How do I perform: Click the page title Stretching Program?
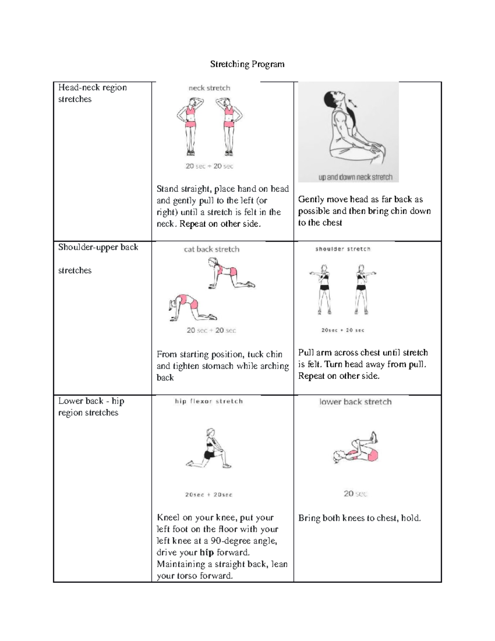point(247,64)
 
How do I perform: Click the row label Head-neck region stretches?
point(92,93)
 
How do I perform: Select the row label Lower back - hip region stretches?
point(91,407)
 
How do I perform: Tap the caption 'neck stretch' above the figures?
point(209,88)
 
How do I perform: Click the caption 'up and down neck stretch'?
point(355,177)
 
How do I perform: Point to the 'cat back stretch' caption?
point(212,249)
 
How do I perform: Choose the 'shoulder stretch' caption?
point(343,249)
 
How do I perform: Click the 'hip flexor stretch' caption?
point(209,401)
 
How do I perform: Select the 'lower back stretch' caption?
point(355,402)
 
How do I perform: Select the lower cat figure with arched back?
point(191,308)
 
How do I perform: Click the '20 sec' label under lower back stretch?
point(355,494)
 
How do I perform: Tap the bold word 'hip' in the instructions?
point(206,553)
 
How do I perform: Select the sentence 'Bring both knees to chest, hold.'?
point(359,518)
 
